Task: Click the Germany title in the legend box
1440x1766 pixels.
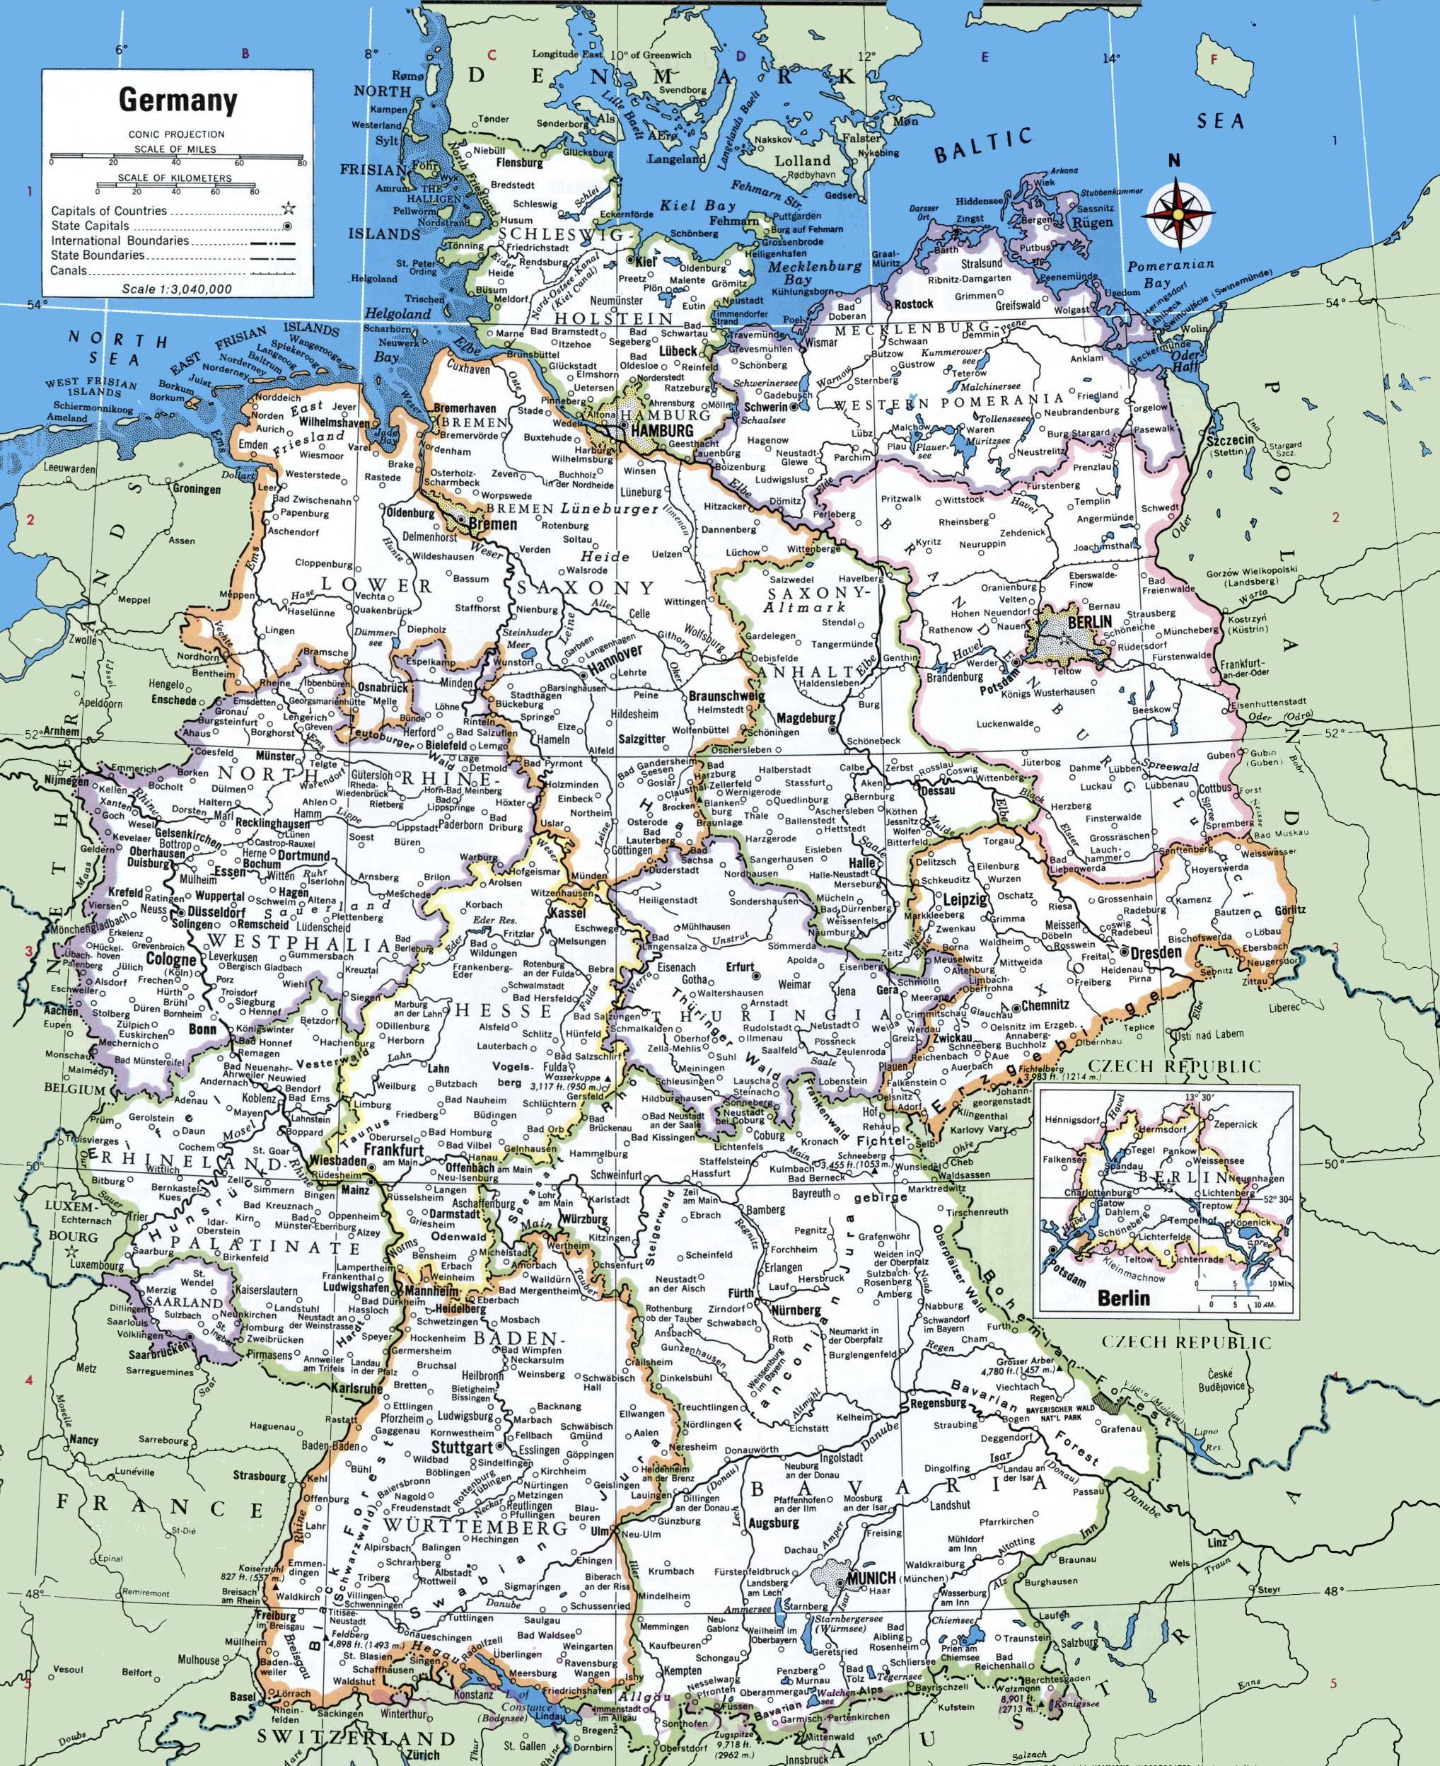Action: pyautogui.click(x=178, y=100)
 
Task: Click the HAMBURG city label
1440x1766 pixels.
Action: pyautogui.click(x=661, y=431)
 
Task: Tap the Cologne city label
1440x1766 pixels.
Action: pyautogui.click(x=173, y=960)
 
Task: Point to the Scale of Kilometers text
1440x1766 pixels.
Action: pyautogui.click(x=174, y=178)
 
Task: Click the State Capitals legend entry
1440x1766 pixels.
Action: pyautogui.click(x=90, y=225)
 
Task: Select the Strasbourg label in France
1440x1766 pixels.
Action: pyautogui.click(x=259, y=1477)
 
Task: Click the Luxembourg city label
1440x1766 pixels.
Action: pyautogui.click(x=97, y=1266)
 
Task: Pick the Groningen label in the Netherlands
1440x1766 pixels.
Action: pyautogui.click(x=197, y=489)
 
